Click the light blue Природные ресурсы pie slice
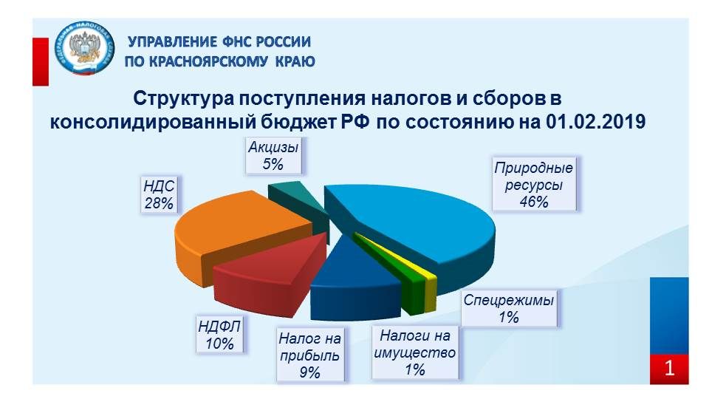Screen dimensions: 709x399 [420, 222]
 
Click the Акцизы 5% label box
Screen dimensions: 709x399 [273, 156]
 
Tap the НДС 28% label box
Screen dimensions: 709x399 [159, 194]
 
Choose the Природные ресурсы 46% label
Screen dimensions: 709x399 [533, 184]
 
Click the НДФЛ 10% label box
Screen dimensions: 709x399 [220, 334]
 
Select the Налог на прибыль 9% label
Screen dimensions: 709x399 [310, 355]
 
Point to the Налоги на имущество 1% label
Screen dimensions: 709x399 [415, 353]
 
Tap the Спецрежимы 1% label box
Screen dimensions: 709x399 [509, 309]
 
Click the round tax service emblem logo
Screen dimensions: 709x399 [84, 47]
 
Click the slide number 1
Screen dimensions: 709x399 [669, 369]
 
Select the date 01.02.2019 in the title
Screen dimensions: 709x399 [595, 122]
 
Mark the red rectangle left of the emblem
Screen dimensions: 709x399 [41, 61]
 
